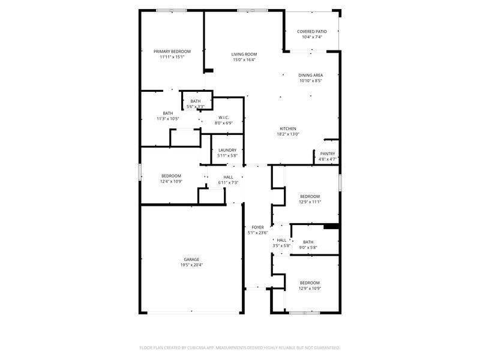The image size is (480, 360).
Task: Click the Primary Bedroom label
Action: tap(172, 52)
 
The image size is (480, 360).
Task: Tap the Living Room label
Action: tap(244, 55)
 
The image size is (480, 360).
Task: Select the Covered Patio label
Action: tap(312, 31)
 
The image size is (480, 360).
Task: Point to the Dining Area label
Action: tap(311, 76)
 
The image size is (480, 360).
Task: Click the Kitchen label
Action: tap(288, 129)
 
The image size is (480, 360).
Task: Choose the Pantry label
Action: tap(328, 154)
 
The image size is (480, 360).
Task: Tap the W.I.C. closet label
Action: tap(224, 118)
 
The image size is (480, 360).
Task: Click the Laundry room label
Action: tap(227, 150)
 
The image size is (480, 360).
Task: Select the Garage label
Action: tap(191, 260)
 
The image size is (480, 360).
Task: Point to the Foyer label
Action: tap(257, 227)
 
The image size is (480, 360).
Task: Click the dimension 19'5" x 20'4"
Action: tap(191, 265)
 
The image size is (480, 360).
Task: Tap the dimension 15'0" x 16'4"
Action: tap(244, 60)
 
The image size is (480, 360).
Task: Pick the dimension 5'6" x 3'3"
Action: tap(196, 107)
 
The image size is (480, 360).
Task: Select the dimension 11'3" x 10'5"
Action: tap(168, 119)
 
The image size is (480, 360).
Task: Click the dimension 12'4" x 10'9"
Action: tap(171, 181)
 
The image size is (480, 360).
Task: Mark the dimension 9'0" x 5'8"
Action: tap(308, 247)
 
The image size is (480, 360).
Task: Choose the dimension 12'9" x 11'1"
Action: tap(310, 202)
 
